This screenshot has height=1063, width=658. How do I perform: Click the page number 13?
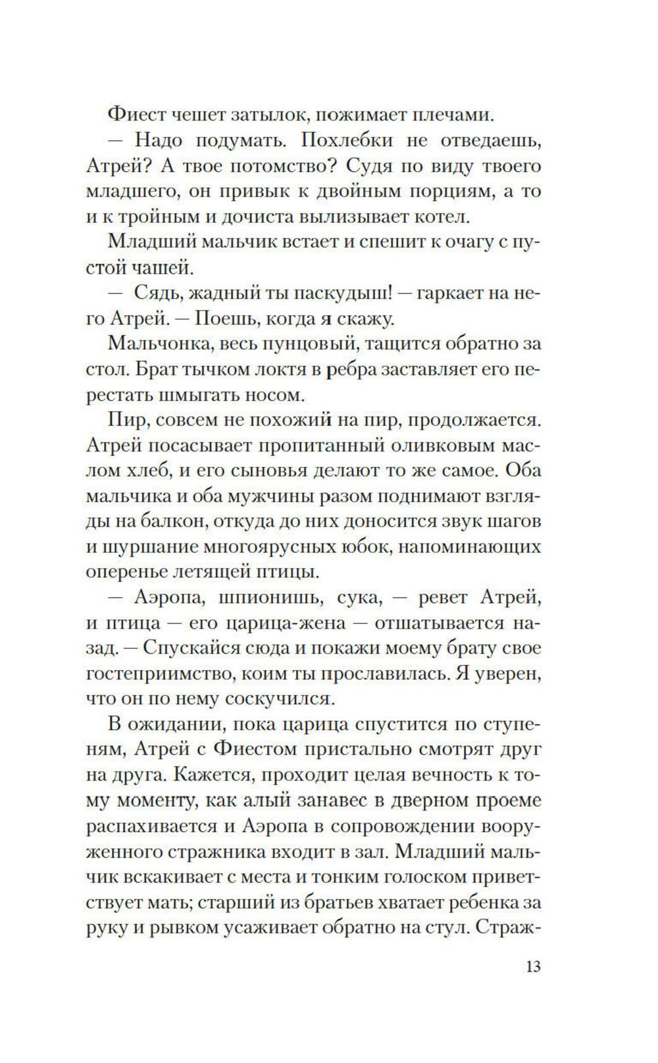click(x=533, y=967)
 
